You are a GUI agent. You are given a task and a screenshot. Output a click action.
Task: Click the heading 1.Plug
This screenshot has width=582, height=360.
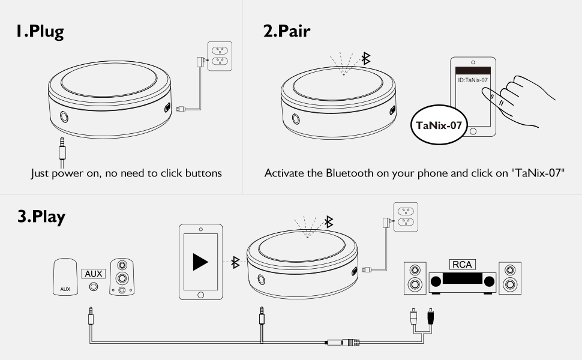tap(40, 31)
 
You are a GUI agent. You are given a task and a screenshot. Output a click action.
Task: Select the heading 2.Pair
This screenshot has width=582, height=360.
tap(287, 31)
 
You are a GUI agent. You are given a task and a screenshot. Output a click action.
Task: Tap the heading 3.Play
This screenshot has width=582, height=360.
tap(41, 217)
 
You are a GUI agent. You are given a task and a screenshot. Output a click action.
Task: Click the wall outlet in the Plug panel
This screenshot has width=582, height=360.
tap(219, 56)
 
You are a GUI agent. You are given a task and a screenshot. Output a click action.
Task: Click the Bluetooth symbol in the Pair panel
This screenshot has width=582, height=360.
tap(365, 58)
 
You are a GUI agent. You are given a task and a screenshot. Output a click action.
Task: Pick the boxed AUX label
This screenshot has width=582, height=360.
tap(94, 274)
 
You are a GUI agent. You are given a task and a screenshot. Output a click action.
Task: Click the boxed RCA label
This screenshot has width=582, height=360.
tap(461, 265)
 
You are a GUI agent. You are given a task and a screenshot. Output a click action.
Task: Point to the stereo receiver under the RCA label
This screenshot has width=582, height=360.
tap(462, 282)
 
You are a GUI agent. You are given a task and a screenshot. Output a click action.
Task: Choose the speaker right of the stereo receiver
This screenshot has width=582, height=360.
tap(510, 277)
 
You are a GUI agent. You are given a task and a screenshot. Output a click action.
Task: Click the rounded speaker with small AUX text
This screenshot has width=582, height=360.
tap(65, 277)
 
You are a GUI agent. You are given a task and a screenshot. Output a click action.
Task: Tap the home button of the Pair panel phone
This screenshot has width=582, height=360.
tap(473, 131)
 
